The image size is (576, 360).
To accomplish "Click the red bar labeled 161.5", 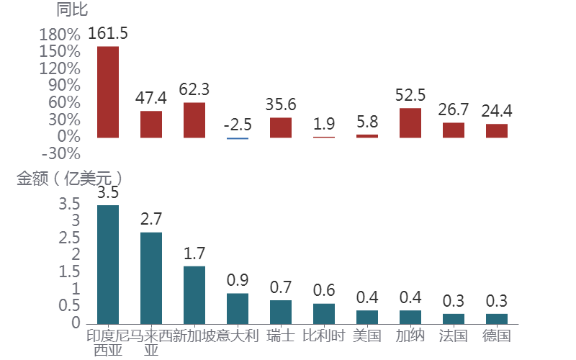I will (108, 91).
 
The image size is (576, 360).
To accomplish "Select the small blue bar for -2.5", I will (238, 138).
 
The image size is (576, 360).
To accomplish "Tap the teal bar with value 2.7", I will (151, 277).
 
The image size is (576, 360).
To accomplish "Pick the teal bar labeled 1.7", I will (194, 294).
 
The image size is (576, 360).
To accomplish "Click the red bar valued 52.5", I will (410, 122).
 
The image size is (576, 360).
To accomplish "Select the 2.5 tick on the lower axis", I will (70, 238).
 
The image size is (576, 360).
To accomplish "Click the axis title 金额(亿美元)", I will (69, 179).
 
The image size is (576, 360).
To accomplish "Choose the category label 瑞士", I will (281, 336).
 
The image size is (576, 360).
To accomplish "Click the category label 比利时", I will (324, 336).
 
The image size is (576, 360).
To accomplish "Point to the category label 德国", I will (497, 336).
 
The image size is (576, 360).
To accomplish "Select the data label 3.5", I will (108, 192).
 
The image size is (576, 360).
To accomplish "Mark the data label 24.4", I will (497, 111).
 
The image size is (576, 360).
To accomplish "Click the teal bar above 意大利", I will (238, 308).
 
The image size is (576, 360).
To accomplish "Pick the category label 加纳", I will (410, 336).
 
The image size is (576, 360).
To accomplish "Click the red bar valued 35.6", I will (281, 127).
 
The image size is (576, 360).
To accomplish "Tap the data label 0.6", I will (324, 290).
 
